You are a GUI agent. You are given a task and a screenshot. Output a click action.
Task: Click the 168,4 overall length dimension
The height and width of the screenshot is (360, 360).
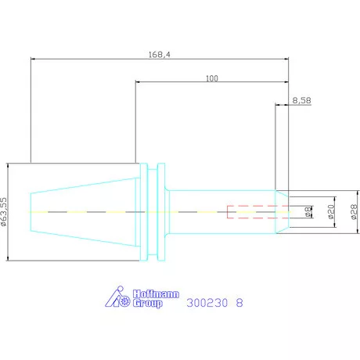tap(160, 55)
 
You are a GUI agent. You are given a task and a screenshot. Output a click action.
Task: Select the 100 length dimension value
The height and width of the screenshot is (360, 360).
tap(212, 78)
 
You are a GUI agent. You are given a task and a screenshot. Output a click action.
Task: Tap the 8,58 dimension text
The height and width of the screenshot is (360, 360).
tap(301, 100)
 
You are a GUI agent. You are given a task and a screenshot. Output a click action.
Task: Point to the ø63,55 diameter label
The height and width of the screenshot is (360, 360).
tap(3, 211)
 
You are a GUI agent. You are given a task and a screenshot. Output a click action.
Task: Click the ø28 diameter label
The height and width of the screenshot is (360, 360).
tap(354, 212)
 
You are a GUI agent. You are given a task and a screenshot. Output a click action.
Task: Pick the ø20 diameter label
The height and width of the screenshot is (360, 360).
tap(330, 212)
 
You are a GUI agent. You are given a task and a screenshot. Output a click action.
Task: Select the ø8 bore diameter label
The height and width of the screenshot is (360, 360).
tap(308, 212)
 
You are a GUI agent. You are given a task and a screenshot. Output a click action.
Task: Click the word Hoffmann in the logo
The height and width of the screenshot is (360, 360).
tap(156, 294)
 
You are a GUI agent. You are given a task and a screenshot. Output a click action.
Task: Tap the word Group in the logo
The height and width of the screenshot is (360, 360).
tap(148, 303)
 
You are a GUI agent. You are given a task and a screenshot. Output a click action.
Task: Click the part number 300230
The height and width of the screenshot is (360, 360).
tap(207, 303)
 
